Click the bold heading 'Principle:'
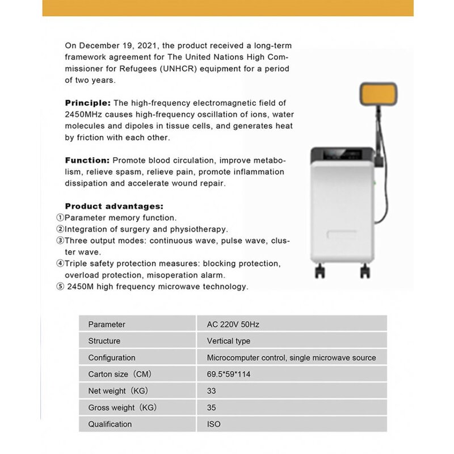(x=88, y=103)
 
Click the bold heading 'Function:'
(x=87, y=161)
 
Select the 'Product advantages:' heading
(x=113, y=206)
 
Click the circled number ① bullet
(x=60, y=218)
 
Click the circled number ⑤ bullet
(x=60, y=287)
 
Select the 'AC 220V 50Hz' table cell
(x=233, y=325)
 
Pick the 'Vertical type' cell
(x=228, y=341)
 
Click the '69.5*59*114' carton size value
(x=229, y=375)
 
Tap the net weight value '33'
(x=212, y=391)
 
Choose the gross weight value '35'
(x=212, y=407)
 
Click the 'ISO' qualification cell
(x=213, y=424)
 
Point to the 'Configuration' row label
(x=112, y=358)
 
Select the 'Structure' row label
(x=104, y=341)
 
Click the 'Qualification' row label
(x=110, y=424)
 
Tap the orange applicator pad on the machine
(x=379, y=98)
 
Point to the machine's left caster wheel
(x=321, y=270)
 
